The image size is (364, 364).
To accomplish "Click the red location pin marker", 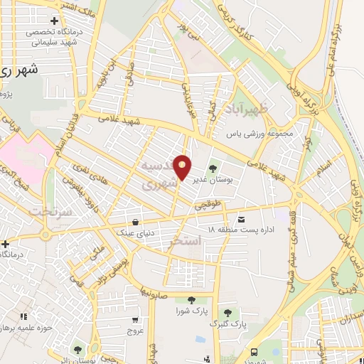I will click(x=183, y=166).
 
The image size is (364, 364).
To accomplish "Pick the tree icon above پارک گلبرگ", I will click(x=227, y=312).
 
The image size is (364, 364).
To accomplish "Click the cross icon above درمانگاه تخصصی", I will click(x=54, y=21).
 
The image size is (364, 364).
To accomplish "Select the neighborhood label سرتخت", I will click(x=44, y=211).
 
